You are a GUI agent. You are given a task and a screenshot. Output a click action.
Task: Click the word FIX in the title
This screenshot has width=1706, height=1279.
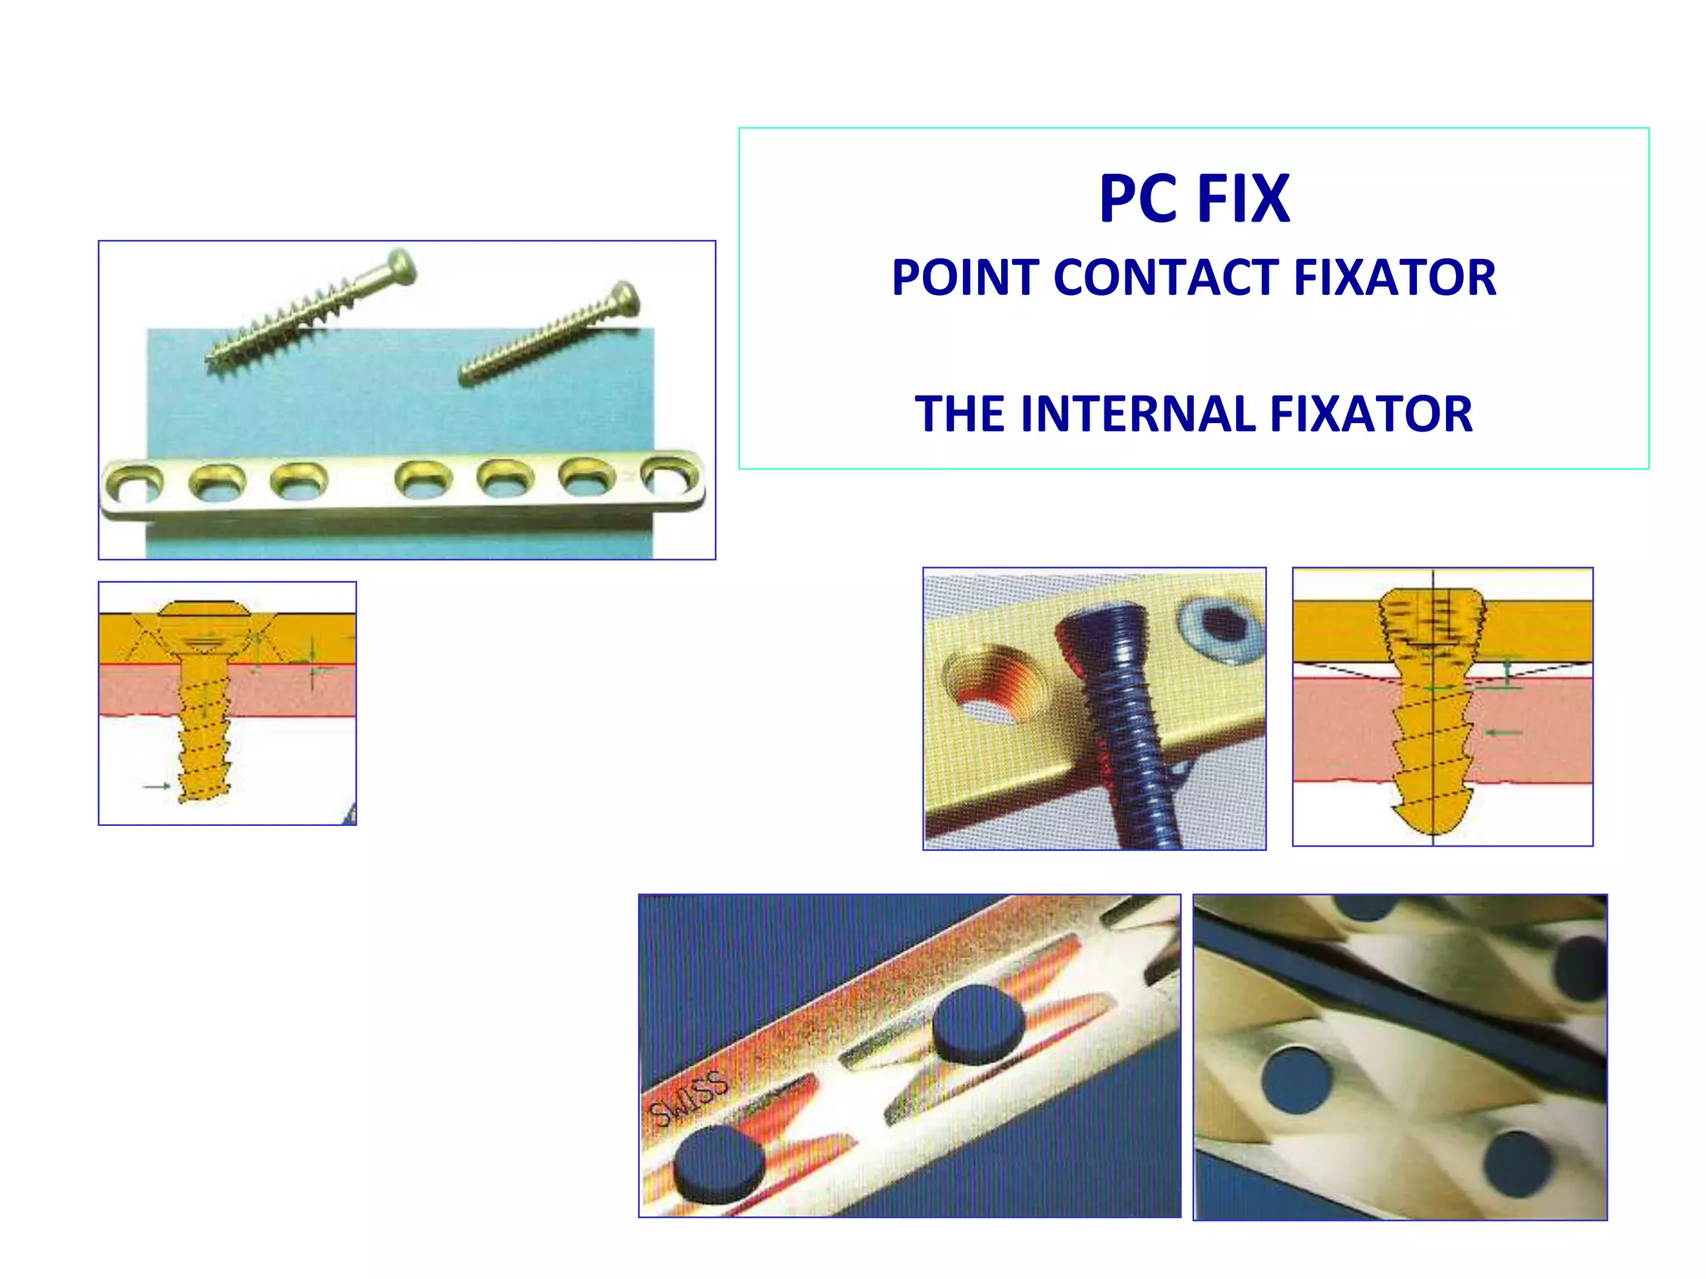point(1243,200)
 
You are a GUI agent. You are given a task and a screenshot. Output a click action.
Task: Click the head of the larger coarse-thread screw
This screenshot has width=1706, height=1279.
point(402,266)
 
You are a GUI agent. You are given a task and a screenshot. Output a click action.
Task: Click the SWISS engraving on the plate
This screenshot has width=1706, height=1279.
point(688,1099)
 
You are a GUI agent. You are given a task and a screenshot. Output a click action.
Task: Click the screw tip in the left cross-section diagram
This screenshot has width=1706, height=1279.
point(202,791)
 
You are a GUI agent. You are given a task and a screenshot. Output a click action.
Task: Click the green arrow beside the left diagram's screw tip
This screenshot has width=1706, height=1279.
point(157,785)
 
